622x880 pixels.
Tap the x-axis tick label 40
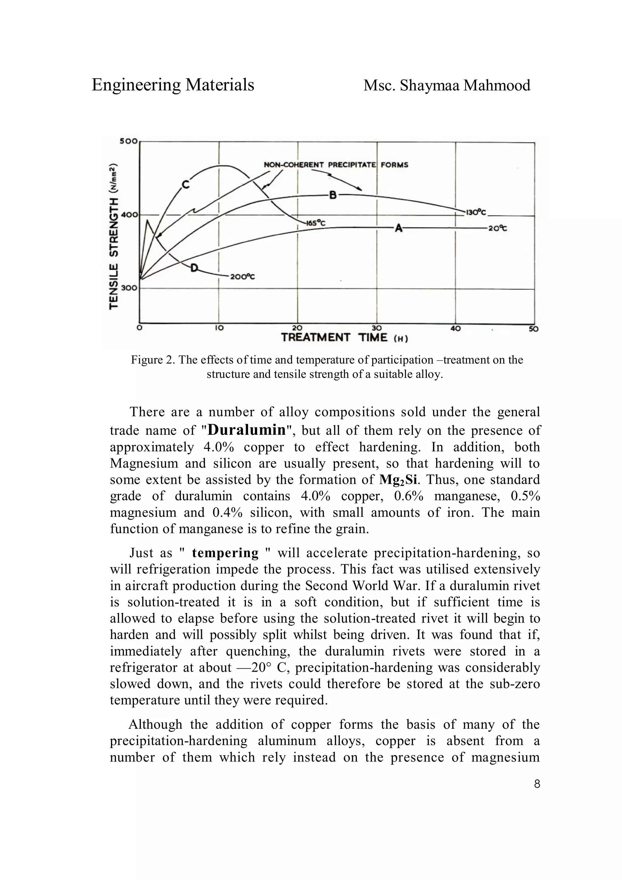[455, 329]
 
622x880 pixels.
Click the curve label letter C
[186, 185]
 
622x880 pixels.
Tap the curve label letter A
[398, 228]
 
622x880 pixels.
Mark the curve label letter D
[195, 268]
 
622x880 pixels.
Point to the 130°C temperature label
[476, 212]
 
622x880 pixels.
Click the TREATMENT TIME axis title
[344, 338]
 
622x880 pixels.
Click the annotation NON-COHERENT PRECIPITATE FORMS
[336, 165]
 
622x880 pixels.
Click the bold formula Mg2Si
[401, 480]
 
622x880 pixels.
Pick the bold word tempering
[225, 553]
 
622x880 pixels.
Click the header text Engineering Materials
[173, 85]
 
